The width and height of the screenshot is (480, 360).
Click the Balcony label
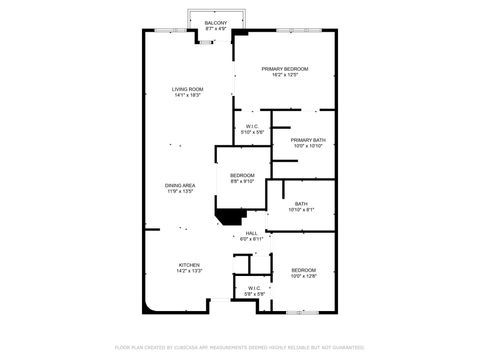click(x=216, y=22)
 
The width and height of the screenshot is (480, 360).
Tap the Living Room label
click(x=187, y=90)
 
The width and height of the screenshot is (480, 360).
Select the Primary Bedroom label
click(x=285, y=68)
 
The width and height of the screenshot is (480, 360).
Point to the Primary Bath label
click(x=309, y=140)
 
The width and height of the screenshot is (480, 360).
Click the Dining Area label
click(x=180, y=185)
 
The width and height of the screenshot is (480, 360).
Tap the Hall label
click(x=252, y=233)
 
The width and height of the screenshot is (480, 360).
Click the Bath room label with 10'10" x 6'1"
click(x=301, y=204)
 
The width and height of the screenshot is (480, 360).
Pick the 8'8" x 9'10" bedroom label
click(x=242, y=175)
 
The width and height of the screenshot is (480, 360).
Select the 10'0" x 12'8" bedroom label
click(x=304, y=270)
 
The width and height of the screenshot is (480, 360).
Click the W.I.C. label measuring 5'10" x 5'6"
click(x=251, y=126)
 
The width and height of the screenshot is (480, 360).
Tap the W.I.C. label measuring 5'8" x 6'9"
click(x=254, y=288)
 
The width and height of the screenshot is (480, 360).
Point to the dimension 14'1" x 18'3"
click(x=187, y=96)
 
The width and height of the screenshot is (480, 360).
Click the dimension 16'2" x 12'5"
click(x=285, y=75)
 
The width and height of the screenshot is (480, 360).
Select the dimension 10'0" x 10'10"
click(x=309, y=146)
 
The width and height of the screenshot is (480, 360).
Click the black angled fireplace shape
click(x=231, y=217)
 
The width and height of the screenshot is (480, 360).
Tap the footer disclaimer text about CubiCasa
click(x=240, y=347)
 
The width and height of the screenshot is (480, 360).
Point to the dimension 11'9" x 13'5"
click(x=180, y=191)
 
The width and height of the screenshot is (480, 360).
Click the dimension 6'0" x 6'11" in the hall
click(x=252, y=240)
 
